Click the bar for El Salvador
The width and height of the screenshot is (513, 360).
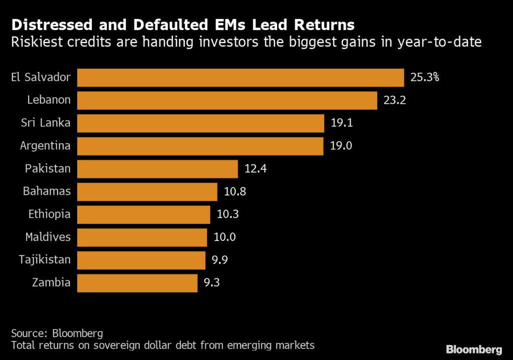coord(240,78)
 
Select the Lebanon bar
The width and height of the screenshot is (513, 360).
coord(227,100)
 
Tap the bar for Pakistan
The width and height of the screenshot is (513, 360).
coord(157,169)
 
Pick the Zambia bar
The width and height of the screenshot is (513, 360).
coord(137,283)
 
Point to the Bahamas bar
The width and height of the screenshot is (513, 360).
coord(147,191)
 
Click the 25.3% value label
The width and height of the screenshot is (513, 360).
coord(424,78)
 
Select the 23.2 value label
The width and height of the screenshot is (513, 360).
coord(395,100)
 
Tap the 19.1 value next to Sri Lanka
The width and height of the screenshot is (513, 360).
coord(342,123)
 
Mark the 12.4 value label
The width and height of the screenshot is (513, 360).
coord(256,169)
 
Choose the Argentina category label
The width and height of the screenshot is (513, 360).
coord(46,146)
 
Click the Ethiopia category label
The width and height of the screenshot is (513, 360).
coord(50,214)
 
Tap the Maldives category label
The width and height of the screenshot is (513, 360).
coord(48,237)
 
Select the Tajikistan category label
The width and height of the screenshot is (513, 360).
coord(45,260)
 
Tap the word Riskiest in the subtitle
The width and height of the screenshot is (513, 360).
coord(33,42)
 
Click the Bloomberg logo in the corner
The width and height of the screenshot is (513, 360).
coord(474,349)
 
